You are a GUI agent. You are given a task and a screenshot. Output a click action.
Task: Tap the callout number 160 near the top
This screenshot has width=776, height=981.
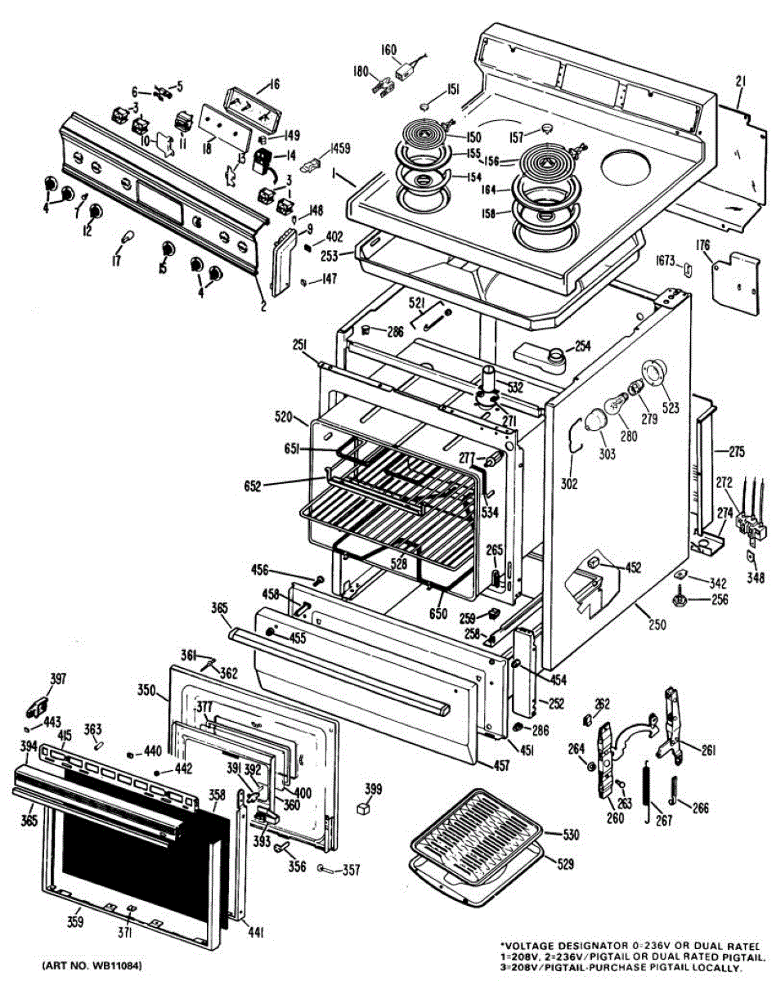pos(388,50)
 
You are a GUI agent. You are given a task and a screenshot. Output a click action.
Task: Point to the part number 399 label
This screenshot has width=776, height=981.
pos(373,789)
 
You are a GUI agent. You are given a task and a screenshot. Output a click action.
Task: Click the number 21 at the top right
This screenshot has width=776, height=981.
pos(741,81)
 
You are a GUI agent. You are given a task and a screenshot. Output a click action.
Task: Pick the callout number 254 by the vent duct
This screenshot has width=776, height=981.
pos(582,346)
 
